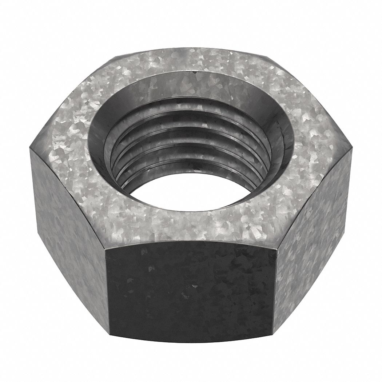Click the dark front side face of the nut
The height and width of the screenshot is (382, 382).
point(189,287)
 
